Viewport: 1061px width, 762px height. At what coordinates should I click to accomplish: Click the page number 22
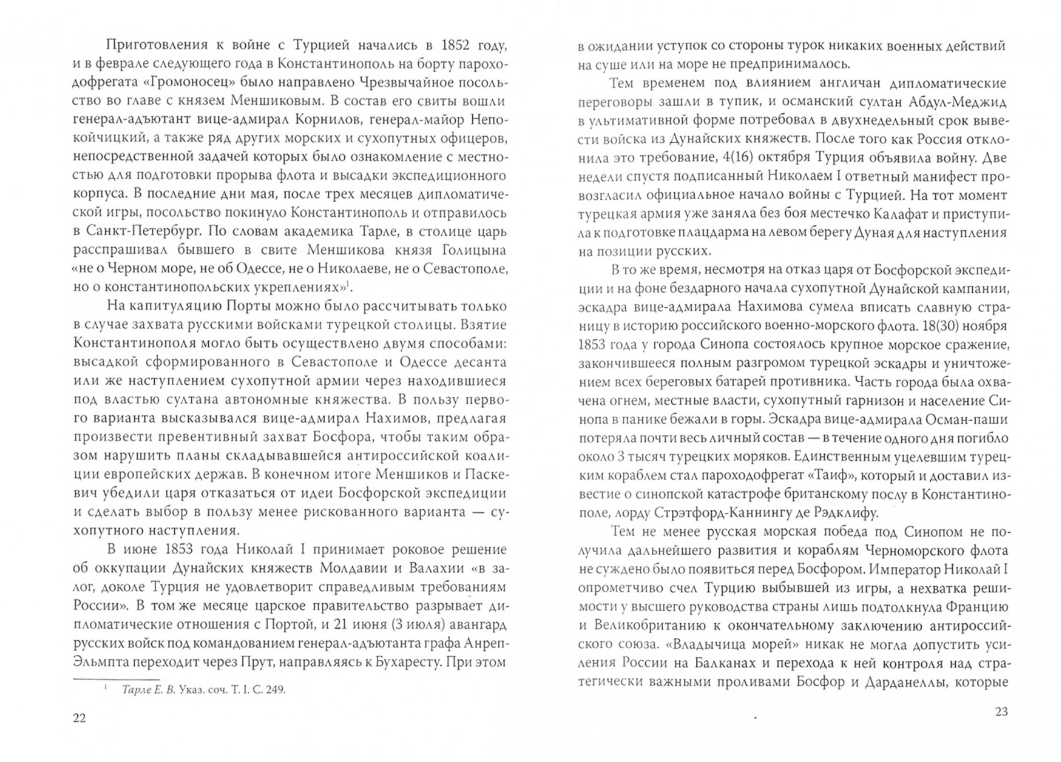point(79,718)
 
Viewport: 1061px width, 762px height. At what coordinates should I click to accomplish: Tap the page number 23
point(1001,711)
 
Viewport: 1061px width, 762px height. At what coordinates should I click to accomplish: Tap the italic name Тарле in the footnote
point(134,690)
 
